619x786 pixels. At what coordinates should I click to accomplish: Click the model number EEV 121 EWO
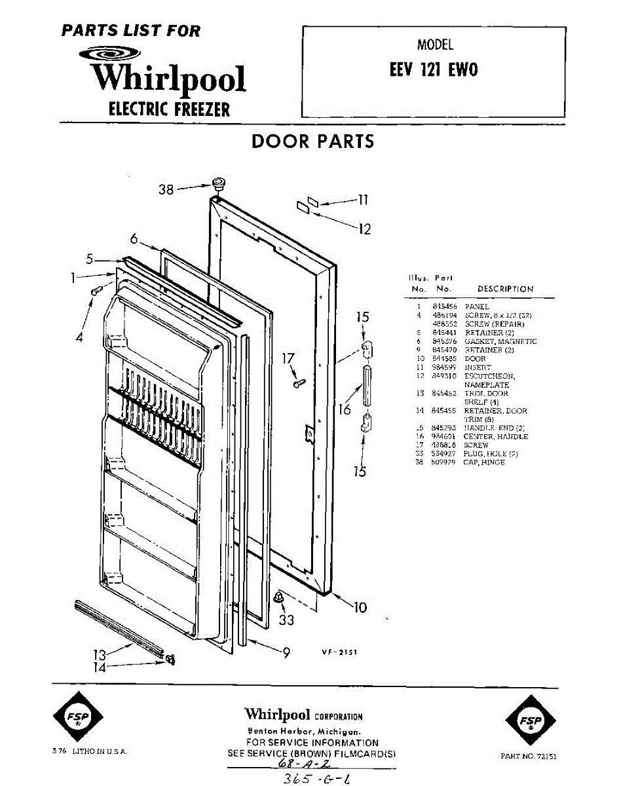[x=434, y=70]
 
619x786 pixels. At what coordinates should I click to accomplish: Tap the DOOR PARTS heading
[x=313, y=141]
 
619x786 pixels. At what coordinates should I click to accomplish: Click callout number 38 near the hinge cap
[x=166, y=189]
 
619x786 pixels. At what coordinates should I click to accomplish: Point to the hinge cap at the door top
[x=218, y=183]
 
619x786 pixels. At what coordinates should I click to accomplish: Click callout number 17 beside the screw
[x=288, y=359]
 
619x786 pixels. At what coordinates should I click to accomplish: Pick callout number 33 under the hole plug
[x=286, y=618]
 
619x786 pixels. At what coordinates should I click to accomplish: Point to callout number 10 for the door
[x=360, y=607]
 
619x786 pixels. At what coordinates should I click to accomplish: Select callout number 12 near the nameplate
[x=364, y=229]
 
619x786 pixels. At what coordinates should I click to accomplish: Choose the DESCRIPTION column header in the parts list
[x=505, y=289]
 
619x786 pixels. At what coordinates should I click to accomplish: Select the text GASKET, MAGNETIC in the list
[x=500, y=341]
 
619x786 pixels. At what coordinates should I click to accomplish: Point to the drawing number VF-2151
[x=339, y=652]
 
